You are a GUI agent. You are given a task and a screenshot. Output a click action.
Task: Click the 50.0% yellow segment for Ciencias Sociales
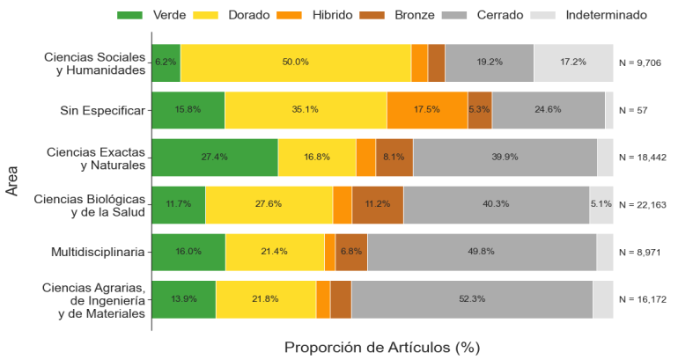coord(296,62)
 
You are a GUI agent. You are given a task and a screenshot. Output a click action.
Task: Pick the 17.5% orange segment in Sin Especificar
coord(427,110)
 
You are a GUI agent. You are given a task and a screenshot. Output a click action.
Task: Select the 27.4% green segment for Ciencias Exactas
coord(215,158)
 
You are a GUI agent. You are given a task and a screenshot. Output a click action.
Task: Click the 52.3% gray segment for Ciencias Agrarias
coord(472,299)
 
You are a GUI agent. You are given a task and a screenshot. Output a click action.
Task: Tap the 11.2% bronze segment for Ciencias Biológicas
coord(378,204)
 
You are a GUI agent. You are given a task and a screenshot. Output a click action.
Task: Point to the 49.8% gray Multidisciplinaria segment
coord(482,252)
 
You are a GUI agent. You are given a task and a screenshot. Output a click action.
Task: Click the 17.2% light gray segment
coord(573,62)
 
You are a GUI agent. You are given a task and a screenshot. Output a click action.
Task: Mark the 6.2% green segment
coord(166,62)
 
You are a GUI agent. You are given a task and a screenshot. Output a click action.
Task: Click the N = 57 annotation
coord(633,110)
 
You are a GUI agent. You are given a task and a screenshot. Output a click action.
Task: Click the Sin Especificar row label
coord(102,110)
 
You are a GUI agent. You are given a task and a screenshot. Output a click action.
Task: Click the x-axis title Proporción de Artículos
coord(381,347)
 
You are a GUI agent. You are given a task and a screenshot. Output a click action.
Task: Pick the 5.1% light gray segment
coord(601,204)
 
